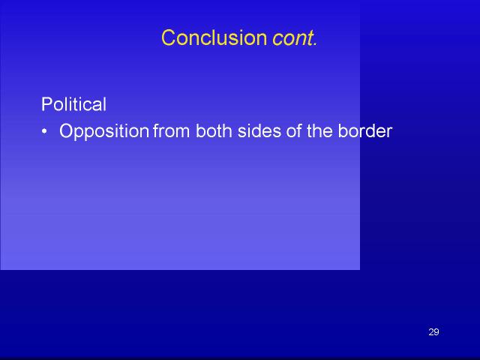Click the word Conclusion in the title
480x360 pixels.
(x=214, y=38)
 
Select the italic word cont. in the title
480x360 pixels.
(x=295, y=38)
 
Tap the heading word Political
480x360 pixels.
(x=73, y=104)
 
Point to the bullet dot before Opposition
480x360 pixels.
(x=45, y=132)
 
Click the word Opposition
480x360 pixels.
(x=104, y=132)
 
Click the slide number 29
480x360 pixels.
(x=433, y=331)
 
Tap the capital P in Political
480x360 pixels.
(x=46, y=104)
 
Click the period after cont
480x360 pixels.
(x=315, y=45)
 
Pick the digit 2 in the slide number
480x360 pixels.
(x=431, y=331)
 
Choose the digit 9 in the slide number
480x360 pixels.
(x=436, y=331)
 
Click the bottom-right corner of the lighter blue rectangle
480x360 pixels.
(x=360, y=270)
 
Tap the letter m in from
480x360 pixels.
(x=183, y=133)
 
